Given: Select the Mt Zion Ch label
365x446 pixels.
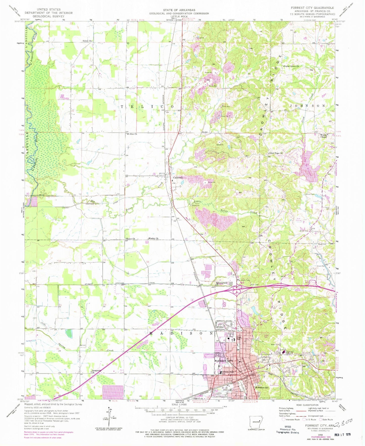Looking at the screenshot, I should click(x=132, y=134).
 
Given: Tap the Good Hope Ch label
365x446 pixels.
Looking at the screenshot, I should click(x=276, y=153).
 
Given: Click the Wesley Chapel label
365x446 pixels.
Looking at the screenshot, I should click(x=324, y=136).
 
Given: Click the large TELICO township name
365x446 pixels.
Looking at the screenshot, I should click(x=147, y=107).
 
